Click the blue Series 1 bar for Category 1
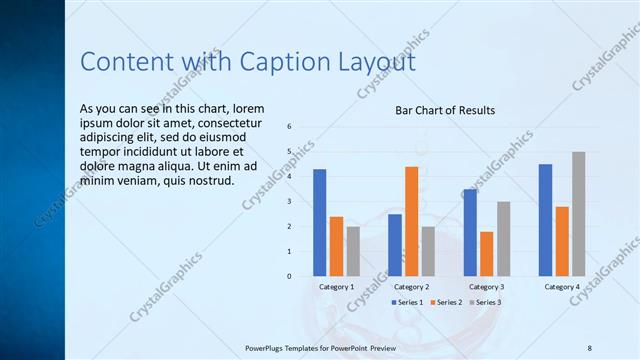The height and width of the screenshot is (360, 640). point(320,222)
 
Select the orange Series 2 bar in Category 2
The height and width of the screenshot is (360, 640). point(411,220)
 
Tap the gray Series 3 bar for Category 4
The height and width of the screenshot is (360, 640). point(578,213)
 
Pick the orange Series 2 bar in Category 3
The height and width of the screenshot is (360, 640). point(486,253)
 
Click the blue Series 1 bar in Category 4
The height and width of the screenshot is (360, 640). point(545,219)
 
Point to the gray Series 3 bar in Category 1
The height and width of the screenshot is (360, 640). point(353,250)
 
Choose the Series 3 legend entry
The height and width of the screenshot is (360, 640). point(485,302)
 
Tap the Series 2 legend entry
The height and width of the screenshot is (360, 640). point(446,302)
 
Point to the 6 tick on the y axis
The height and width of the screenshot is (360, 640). point(288,127)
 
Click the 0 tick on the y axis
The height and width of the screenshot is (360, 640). point(288,276)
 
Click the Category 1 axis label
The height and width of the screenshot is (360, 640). point(336,287)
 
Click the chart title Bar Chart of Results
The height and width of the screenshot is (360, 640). point(445,110)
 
